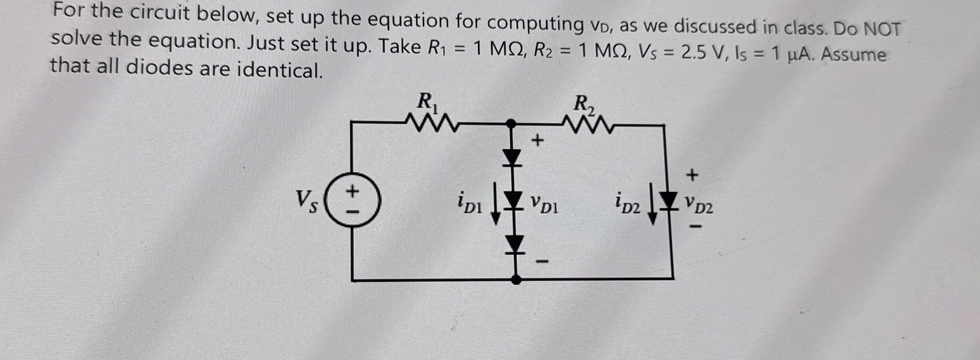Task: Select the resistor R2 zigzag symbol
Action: click(585, 126)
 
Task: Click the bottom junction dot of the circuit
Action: click(517, 279)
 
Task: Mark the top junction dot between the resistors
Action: click(511, 123)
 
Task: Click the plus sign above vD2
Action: click(692, 175)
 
